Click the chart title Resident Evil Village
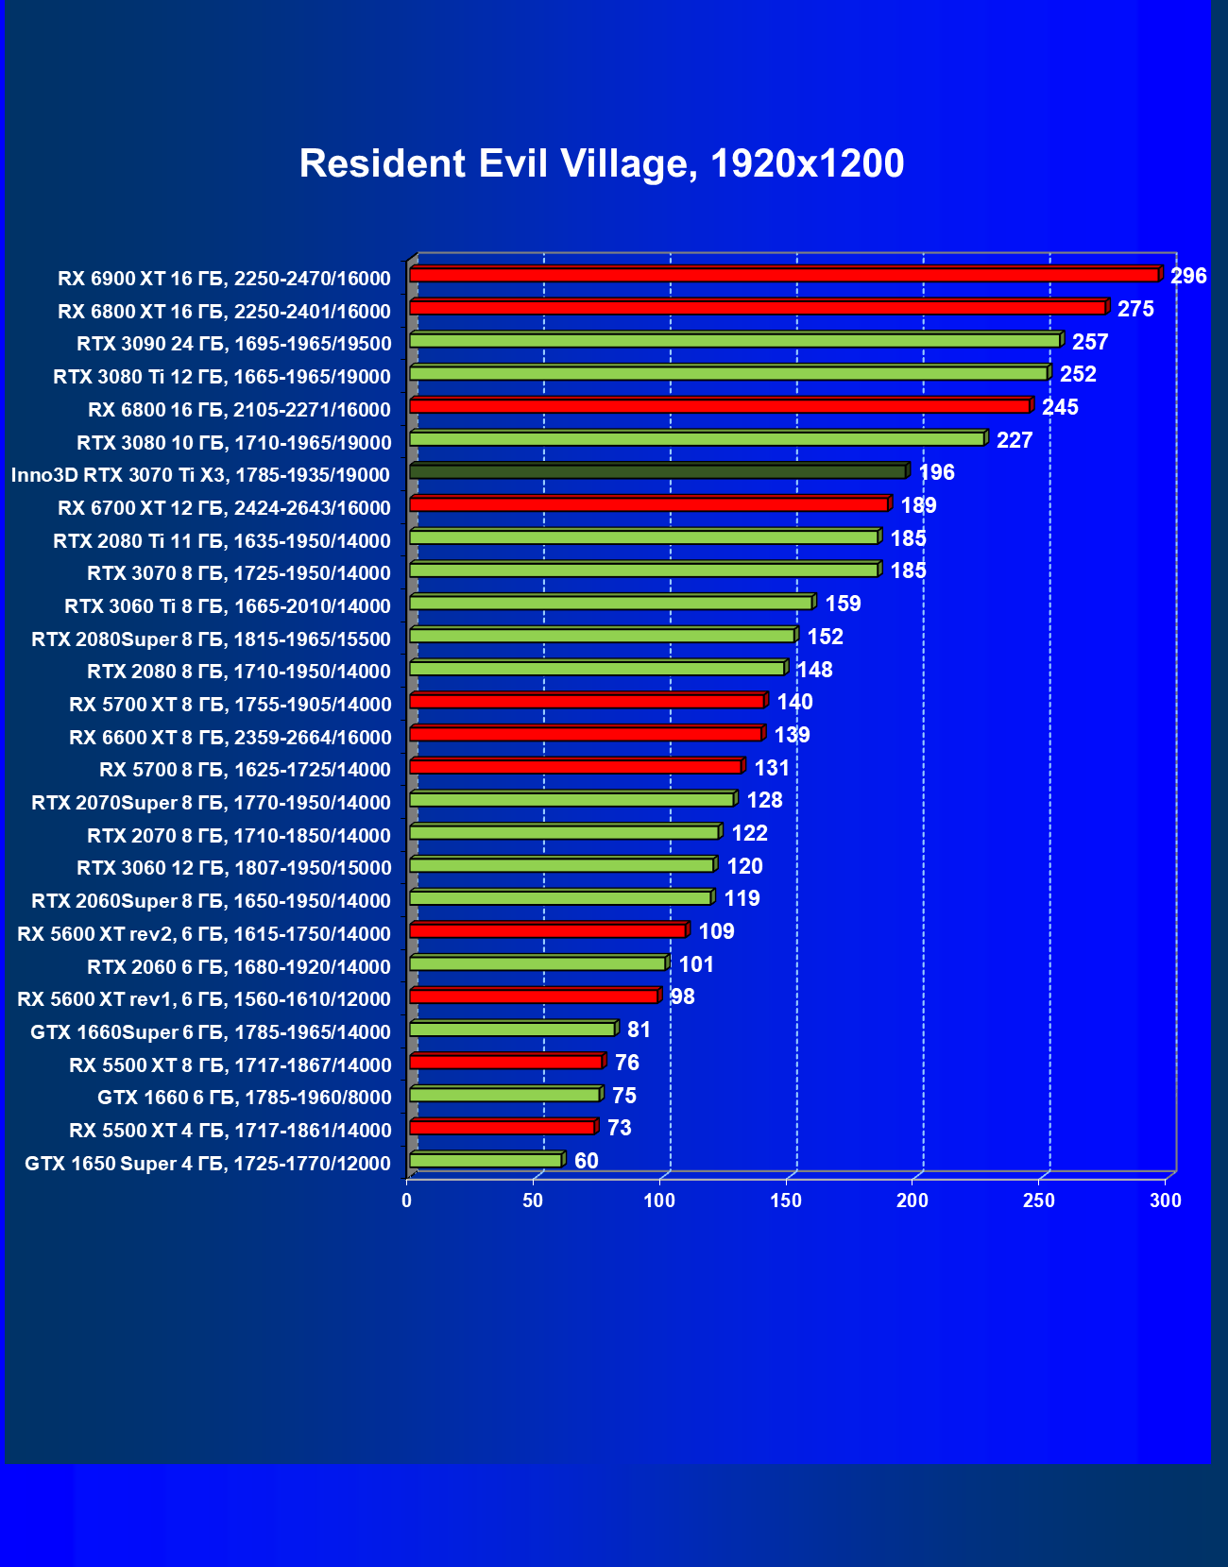pyautogui.click(x=602, y=163)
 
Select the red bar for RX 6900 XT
pyautogui.click(x=784, y=275)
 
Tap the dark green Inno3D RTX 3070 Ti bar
pyautogui.click(x=658, y=471)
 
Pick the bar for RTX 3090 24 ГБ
pyautogui.click(x=735, y=340)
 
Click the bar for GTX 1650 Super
pyautogui.click(x=486, y=1160)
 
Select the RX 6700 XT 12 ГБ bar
pyautogui.click(x=649, y=504)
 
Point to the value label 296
pyautogui.click(x=1188, y=276)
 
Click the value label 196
pyautogui.click(x=936, y=472)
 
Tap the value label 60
pyautogui.click(x=586, y=1161)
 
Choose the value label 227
pyautogui.click(x=1015, y=440)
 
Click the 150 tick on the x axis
pyautogui.click(x=786, y=1201)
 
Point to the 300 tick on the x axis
pyautogui.click(x=1166, y=1201)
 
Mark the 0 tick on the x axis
pyautogui.click(x=407, y=1201)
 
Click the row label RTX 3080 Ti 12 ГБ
pyautogui.click(x=222, y=377)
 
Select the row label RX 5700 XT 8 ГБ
pyautogui.click(x=230, y=705)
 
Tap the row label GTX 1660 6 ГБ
pyautogui.click(x=244, y=1098)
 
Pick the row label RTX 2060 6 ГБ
pyautogui.click(x=238, y=967)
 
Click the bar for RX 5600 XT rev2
pyautogui.click(x=548, y=931)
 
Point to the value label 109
pyautogui.click(x=716, y=932)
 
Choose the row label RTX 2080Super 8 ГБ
pyautogui.click(x=211, y=639)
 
